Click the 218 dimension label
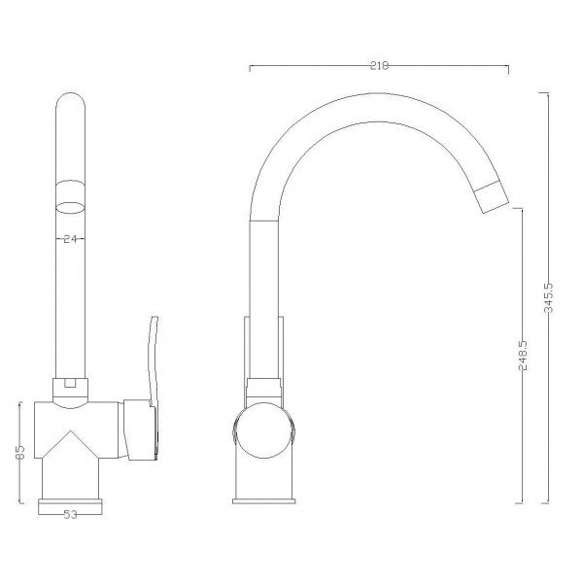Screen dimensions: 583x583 pos(379,66)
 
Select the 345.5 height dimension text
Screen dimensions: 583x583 pos(549,298)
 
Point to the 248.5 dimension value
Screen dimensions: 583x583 pos(523,355)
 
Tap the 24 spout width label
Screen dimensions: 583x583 pos(70,239)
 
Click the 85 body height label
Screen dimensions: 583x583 pos(20,452)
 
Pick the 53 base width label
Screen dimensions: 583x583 pos(70,515)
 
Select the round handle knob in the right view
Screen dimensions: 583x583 pos(263,430)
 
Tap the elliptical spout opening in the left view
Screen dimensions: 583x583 pos(70,208)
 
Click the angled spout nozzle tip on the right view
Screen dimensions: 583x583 pos(493,197)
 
